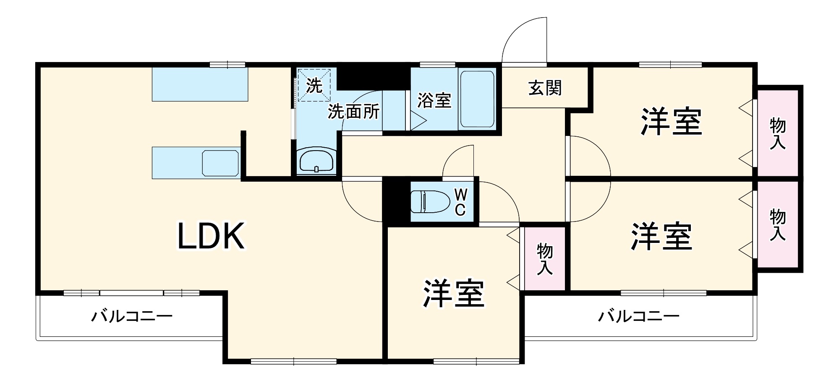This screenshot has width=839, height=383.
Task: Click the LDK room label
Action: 211,236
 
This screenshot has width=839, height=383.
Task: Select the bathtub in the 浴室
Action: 477,99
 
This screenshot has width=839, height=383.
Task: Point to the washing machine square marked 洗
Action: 314,86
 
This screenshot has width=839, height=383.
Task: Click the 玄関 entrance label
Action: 544,88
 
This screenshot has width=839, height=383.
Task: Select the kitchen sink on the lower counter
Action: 221,163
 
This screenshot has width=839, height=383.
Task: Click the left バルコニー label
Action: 132,316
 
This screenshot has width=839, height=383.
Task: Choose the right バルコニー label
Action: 638,316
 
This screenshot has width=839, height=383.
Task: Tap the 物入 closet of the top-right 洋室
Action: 777,133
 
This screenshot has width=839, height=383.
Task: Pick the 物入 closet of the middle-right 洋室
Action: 777,225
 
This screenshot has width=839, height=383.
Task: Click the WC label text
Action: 460,202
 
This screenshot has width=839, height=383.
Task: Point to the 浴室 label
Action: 434,100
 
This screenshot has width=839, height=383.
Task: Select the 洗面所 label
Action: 353,112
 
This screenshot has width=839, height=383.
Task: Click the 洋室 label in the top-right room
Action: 671,122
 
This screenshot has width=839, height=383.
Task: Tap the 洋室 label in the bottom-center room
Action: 453,293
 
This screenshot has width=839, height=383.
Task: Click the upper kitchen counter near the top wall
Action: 200,84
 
